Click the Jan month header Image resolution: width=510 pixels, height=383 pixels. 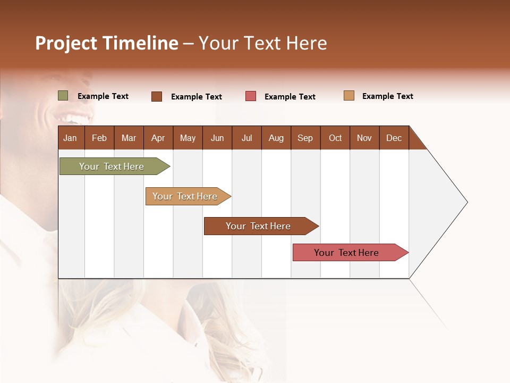coord(71,138)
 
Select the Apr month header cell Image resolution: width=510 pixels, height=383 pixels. coord(158,138)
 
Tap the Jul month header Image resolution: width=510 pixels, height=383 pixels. coord(246,138)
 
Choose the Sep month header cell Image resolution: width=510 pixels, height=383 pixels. coord(305,138)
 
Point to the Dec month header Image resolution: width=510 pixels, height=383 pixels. coord(394,138)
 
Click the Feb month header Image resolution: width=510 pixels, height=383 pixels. coord(99,138)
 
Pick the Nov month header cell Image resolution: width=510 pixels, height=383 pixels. coord(364,138)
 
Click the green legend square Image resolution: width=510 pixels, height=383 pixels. coord(63,96)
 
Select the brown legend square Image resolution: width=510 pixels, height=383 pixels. coord(157,96)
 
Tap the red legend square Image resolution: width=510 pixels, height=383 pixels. coord(251,96)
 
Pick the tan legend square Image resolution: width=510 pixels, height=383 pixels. coord(349,96)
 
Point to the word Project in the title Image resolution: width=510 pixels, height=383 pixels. coord(66,43)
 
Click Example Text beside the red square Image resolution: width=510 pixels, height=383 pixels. coord(290,97)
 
